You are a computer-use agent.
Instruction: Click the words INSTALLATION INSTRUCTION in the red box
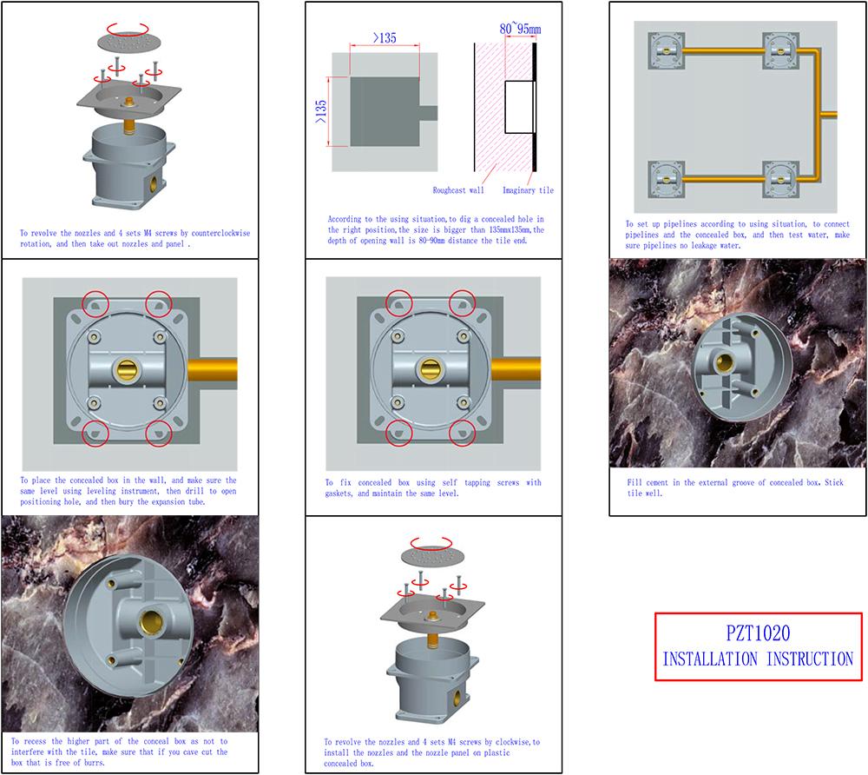(x=758, y=659)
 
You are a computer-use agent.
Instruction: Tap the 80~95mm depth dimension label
(x=519, y=30)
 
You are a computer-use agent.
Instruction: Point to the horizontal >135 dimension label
(x=385, y=37)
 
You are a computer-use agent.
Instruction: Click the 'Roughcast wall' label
(x=458, y=190)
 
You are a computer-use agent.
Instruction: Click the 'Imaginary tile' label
(x=527, y=190)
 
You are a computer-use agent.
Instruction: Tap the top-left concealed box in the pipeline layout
(x=666, y=54)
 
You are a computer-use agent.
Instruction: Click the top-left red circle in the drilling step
(x=96, y=304)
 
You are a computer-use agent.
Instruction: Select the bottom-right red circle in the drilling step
(x=159, y=433)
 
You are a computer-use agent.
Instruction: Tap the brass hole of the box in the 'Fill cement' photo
(x=720, y=361)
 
